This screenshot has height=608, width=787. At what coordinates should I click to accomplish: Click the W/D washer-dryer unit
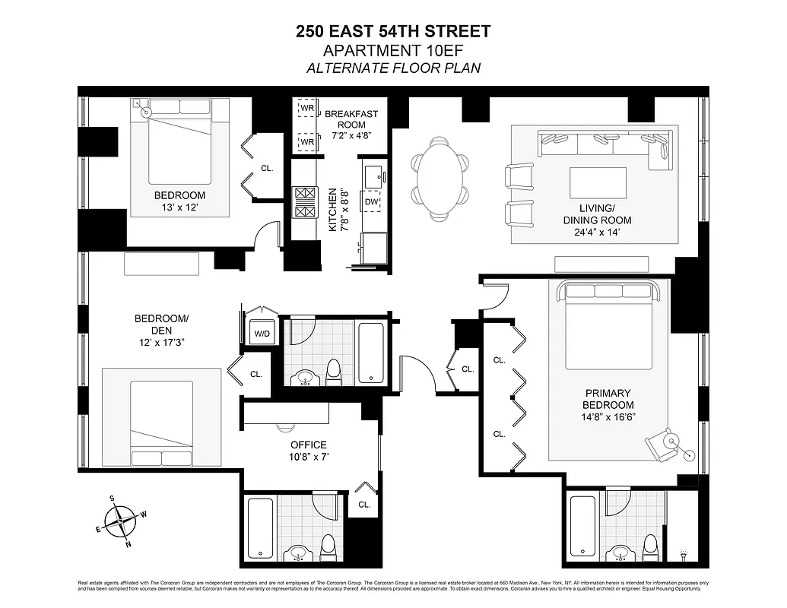(259, 333)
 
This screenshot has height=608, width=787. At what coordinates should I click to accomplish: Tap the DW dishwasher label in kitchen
(371, 201)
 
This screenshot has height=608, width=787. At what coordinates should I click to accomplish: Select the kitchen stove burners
(304, 202)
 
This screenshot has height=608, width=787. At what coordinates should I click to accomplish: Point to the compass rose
(122, 521)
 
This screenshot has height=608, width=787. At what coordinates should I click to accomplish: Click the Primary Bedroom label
(608, 399)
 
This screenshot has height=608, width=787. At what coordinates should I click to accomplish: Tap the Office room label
(308, 445)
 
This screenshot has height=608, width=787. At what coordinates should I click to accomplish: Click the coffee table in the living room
(598, 183)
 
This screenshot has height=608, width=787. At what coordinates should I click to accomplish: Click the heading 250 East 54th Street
(393, 31)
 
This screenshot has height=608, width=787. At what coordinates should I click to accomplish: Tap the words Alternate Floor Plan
(393, 68)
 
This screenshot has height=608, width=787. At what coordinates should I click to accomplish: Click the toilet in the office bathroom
(328, 546)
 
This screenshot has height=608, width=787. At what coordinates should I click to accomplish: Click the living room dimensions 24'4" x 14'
(604, 233)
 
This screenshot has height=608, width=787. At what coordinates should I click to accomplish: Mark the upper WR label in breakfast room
(307, 108)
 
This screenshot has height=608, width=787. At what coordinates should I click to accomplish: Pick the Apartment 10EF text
(393, 51)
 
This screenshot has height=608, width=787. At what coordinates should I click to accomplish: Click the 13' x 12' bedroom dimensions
(179, 207)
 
